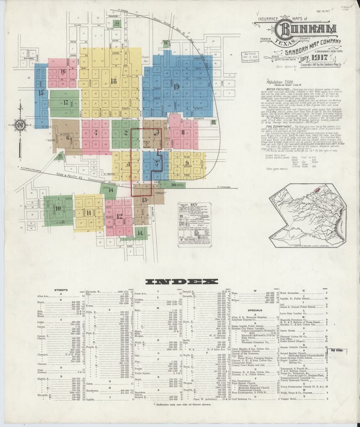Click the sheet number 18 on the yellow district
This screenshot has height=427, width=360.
(x=114, y=81)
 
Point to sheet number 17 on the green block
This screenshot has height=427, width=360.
(x=66, y=104)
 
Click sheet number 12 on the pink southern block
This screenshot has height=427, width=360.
(x=119, y=216)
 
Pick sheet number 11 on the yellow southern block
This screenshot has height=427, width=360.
(x=89, y=213)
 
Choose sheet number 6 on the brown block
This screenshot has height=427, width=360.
(x=67, y=137)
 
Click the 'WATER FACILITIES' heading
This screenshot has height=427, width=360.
(x=278, y=88)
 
